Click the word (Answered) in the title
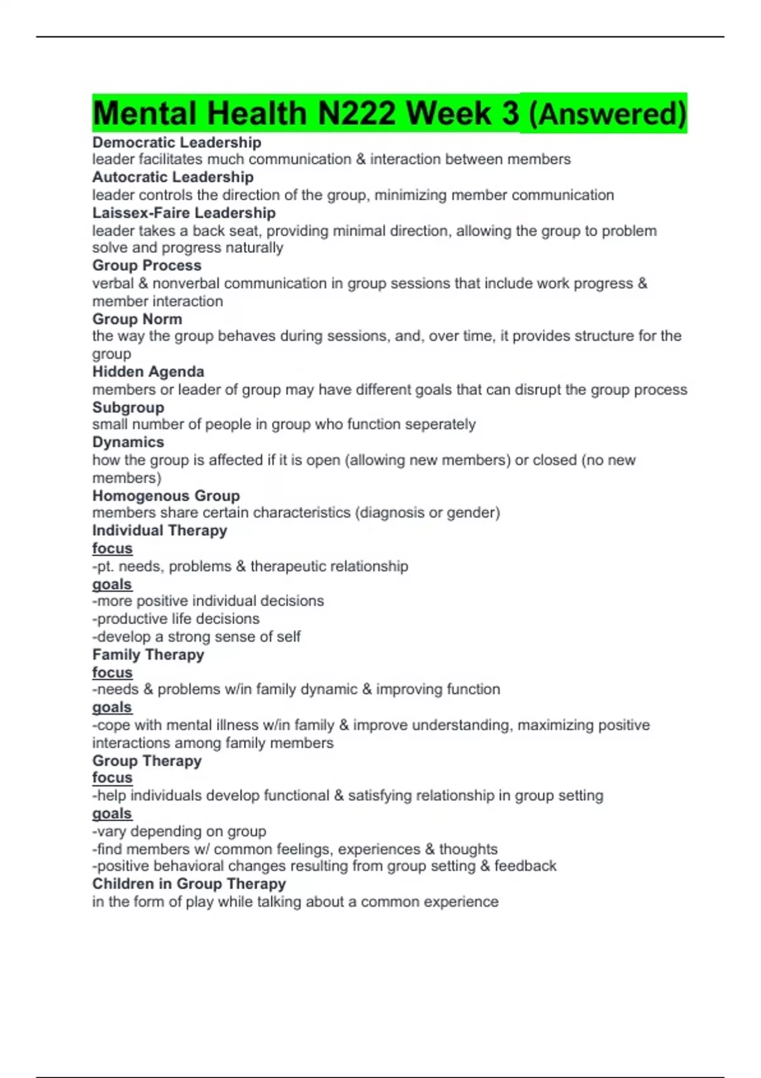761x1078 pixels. click(607, 114)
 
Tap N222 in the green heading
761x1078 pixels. click(357, 114)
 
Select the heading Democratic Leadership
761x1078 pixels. click(176, 142)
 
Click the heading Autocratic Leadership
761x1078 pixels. click(172, 177)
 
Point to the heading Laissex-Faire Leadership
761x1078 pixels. click(184, 213)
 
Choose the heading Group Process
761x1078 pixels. click(146, 266)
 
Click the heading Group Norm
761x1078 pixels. click(137, 319)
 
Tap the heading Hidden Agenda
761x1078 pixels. click(148, 372)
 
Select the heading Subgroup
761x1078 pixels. click(128, 407)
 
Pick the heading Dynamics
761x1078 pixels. click(128, 442)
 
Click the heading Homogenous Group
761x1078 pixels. click(166, 495)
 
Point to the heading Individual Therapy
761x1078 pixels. click(159, 530)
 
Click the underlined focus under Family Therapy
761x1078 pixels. click(112, 672)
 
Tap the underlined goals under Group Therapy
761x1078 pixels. click(112, 814)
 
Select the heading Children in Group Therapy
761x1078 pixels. click(189, 884)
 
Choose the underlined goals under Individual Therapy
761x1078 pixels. click(112, 584)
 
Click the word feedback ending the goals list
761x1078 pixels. click(525, 866)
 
